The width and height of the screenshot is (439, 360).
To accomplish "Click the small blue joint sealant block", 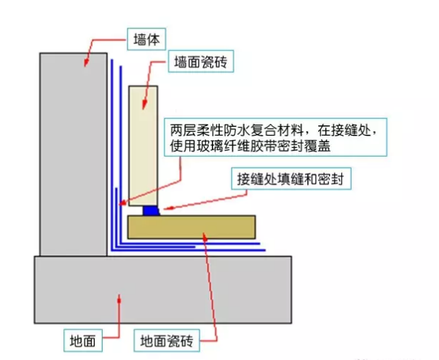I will pos(151,210).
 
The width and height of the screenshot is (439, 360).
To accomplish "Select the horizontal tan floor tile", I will pos(191,226).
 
